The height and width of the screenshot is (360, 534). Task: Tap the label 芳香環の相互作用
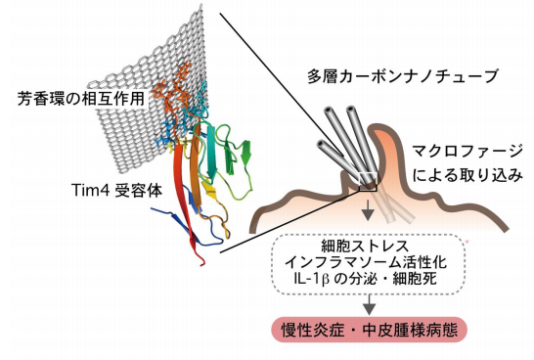tap(72, 99)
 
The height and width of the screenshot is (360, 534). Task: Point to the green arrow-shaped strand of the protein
tap(246, 151)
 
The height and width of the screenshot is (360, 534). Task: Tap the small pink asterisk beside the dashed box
tap(467, 238)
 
